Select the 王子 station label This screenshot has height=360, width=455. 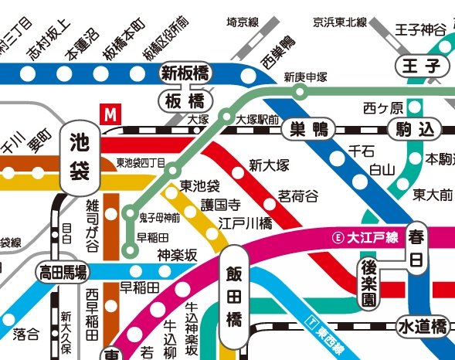(x=416, y=66)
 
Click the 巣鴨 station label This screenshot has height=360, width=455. (x=310, y=130)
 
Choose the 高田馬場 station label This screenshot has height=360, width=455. (x=63, y=271)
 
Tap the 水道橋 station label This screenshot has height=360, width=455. (x=422, y=326)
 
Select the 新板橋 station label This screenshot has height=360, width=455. (x=186, y=73)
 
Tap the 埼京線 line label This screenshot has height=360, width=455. (x=242, y=23)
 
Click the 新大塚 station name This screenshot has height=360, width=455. (x=269, y=165)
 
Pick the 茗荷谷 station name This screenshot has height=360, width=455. (x=297, y=196)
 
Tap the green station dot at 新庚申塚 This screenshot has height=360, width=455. (x=301, y=93)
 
